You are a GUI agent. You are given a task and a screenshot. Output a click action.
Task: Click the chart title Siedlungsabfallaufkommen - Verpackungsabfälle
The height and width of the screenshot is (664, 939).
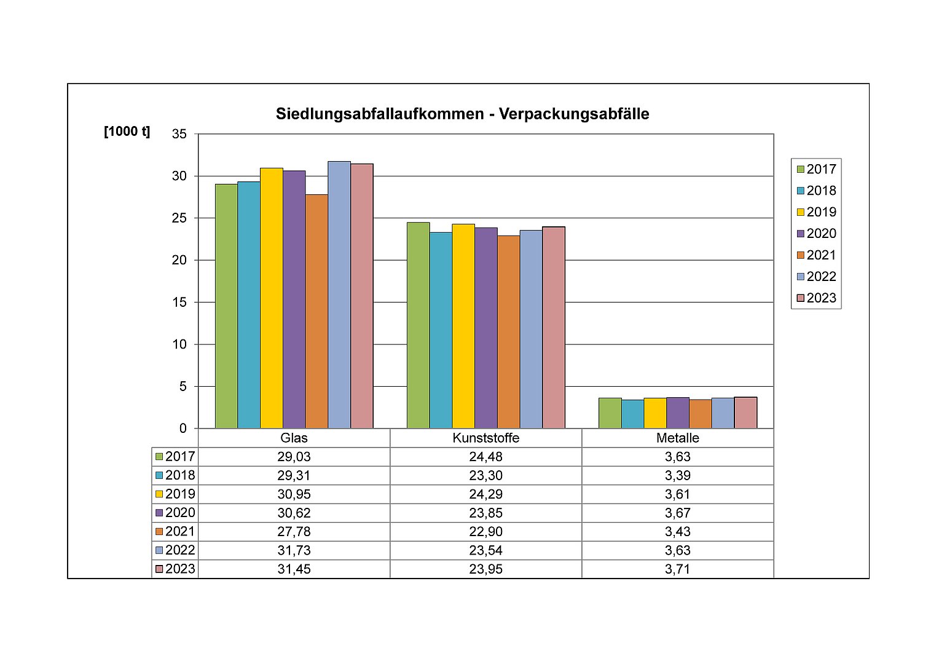[x=462, y=114]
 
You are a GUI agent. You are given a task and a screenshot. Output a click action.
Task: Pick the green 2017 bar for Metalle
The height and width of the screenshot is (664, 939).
[x=610, y=413]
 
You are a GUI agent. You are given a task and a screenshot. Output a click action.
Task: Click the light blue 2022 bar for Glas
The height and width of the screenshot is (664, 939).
[x=339, y=295]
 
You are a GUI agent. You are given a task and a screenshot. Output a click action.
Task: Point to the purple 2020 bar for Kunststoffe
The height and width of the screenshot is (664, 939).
[x=486, y=328]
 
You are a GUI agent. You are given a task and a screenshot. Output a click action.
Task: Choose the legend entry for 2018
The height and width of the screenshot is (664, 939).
[x=816, y=191]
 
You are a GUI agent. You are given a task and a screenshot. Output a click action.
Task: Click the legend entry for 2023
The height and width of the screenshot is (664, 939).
[x=816, y=298]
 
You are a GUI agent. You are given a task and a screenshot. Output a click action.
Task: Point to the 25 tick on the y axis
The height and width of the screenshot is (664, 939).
[x=179, y=218]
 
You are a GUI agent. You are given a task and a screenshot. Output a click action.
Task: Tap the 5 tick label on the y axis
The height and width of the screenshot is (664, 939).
[x=183, y=387]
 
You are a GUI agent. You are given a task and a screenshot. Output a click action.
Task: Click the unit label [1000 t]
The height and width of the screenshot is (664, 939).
[x=127, y=132]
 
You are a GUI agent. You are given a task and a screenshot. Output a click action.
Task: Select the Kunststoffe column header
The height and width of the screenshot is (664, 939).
[x=485, y=438]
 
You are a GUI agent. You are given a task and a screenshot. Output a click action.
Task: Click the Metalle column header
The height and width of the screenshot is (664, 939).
[x=677, y=438]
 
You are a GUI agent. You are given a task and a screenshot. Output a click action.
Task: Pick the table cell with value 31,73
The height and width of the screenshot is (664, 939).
[x=294, y=550]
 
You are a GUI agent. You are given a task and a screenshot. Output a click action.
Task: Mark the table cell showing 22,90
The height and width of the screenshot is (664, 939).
[x=485, y=532]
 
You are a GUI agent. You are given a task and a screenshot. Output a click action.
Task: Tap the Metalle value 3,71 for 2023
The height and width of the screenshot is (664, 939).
[x=677, y=569]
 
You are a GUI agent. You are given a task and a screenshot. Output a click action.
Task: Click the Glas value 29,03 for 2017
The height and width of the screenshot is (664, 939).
[x=294, y=457]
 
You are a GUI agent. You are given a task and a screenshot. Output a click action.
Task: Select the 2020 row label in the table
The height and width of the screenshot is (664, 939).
[x=175, y=513]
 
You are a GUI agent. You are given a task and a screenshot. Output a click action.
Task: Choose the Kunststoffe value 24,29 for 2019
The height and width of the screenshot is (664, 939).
[x=485, y=494]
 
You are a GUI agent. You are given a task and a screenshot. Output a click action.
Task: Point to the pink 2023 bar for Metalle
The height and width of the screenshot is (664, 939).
[x=745, y=413]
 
